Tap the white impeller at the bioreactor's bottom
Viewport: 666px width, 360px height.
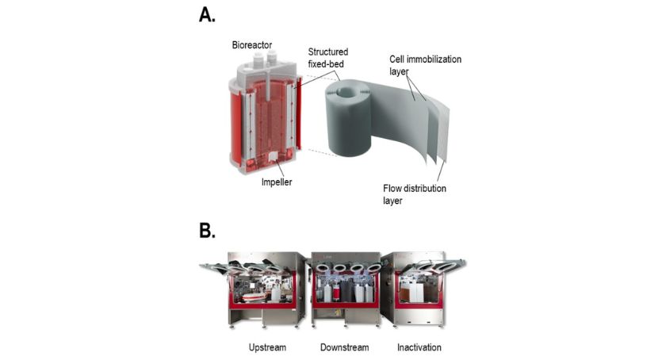pos(270,156)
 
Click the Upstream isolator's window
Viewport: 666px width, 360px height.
pos(262,285)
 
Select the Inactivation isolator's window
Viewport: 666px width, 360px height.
pos(420,285)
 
